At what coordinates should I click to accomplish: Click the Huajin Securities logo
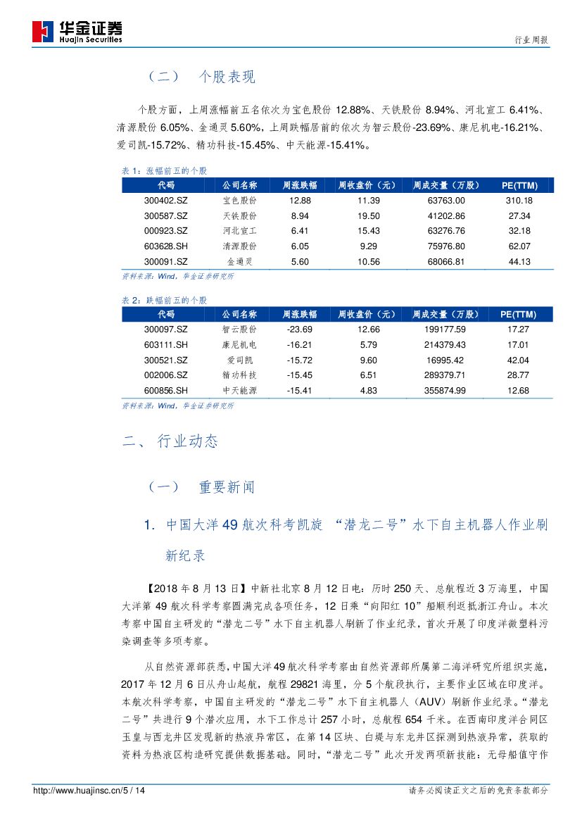(77, 32)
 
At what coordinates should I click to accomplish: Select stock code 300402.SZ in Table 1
(166, 201)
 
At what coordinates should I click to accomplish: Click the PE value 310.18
(519, 201)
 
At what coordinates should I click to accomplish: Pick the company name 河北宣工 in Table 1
(239, 231)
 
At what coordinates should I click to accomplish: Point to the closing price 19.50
(369, 216)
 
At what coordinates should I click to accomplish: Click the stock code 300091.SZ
(166, 262)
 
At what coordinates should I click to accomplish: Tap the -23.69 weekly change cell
(299, 329)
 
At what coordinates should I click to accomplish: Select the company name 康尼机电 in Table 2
(239, 345)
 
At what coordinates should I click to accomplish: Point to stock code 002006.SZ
(166, 375)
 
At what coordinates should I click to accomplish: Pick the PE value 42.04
(519, 360)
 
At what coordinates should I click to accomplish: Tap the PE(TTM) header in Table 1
(519, 185)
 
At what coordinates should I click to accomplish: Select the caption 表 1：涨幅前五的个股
(165, 171)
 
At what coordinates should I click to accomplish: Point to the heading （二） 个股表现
(201, 77)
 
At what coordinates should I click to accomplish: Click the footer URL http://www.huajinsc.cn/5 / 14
(89, 791)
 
